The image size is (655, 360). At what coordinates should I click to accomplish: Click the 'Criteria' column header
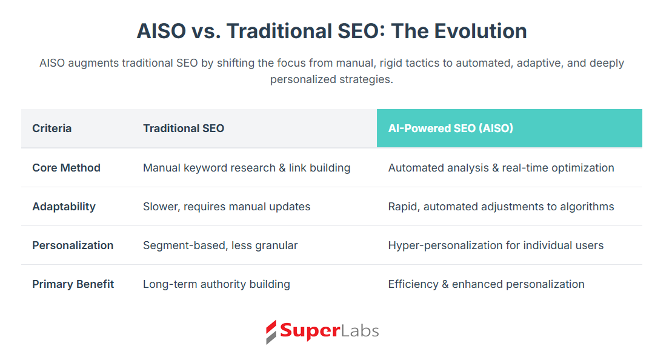coord(52,128)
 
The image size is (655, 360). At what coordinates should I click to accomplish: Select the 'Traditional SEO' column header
coord(184,128)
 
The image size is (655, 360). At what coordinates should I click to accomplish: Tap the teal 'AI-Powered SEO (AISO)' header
coord(450,128)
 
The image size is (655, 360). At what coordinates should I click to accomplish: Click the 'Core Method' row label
coord(67,168)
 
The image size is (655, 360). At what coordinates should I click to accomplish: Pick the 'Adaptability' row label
coord(64,207)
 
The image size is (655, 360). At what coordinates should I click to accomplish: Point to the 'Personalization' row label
coord(73,245)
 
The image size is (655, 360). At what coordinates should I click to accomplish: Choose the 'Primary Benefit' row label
coord(73,284)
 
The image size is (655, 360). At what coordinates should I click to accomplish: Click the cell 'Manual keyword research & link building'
coord(247,168)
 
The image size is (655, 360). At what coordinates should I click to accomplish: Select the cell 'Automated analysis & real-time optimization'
coord(501,168)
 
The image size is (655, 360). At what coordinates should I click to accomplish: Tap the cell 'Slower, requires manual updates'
coord(227,207)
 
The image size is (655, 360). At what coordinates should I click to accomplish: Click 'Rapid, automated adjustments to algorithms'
coord(501,207)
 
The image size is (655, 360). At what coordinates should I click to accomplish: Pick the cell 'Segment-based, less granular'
coord(220,245)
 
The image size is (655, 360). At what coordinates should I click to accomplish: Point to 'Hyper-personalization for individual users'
coord(496,245)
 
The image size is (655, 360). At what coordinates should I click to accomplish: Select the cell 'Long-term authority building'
coord(216,284)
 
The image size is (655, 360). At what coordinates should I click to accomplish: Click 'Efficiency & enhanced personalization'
coord(486,284)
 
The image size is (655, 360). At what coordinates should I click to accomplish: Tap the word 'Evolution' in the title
coord(480,32)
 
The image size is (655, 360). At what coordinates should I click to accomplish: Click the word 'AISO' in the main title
coord(161,32)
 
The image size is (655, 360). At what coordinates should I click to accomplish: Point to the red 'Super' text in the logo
coord(310,331)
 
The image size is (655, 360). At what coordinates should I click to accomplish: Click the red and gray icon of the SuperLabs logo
coord(271,332)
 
